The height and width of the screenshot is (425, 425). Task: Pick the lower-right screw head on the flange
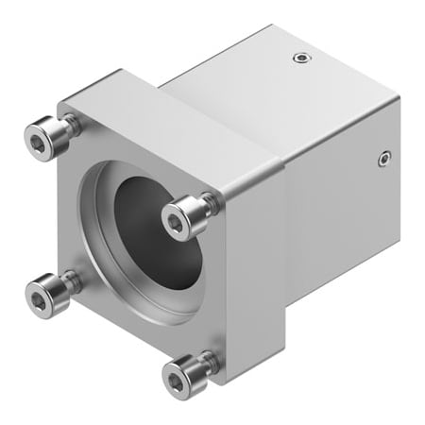pyautogui.click(x=182, y=375)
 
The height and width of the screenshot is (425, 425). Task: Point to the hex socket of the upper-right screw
pyautogui.click(x=178, y=221)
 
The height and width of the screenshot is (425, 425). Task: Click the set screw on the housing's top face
pyautogui.click(x=301, y=59)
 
